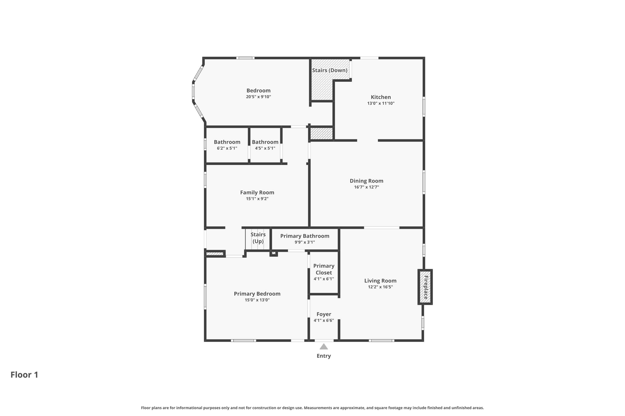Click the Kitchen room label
[x=381, y=97]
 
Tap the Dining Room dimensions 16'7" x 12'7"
[x=367, y=187]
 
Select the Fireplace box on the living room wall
[x=425, y=287]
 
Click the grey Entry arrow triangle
[x=324, y=347]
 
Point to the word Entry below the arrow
[x=324, y=356]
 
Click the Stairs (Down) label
[x=330, y=70]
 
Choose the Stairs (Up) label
[x=258, y=238]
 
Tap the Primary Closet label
[x=324, y=269]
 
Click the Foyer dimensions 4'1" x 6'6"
[x=324, y=320]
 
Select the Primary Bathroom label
[x=305, y=236]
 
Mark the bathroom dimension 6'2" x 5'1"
[x=227, y=148]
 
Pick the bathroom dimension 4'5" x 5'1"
[x=265, y=148]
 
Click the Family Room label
[x=257, y=193]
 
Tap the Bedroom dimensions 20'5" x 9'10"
[x=258, y=97]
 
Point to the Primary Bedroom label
[x=257, y=294]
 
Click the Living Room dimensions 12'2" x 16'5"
[x=380, y=287]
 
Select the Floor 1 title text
[x=24, y=375]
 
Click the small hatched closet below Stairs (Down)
[x=322, y=133]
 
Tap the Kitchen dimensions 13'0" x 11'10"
[x=381, y=103]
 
